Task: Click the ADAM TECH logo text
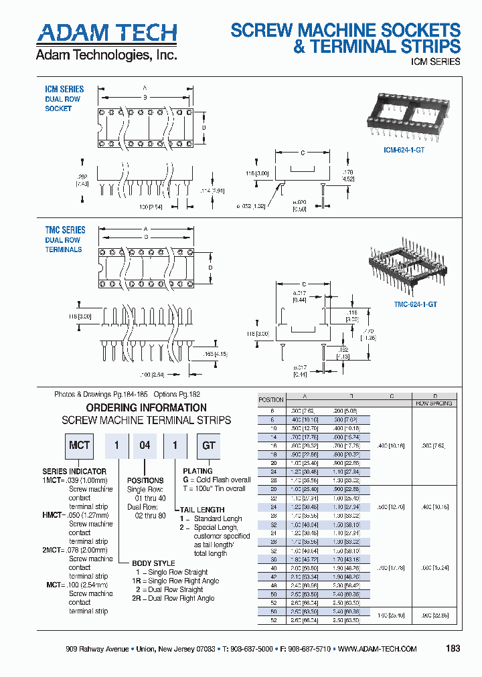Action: [106, 33]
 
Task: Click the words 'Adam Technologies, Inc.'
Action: [106, 55]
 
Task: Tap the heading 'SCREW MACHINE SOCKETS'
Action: [345, 30]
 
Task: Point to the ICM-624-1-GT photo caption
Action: [404, 151]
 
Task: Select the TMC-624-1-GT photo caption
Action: [416, 304]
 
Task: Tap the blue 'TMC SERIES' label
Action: [65, 230]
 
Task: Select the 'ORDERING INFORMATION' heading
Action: [147, 407]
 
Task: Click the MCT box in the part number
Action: [79, 446]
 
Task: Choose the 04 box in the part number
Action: [145, 446]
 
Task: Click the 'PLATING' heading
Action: [197, 472]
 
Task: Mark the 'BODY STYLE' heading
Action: [154, 563]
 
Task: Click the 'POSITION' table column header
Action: [271, 399]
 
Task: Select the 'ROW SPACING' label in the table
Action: [434, 404]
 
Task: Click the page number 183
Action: [453, 648]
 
